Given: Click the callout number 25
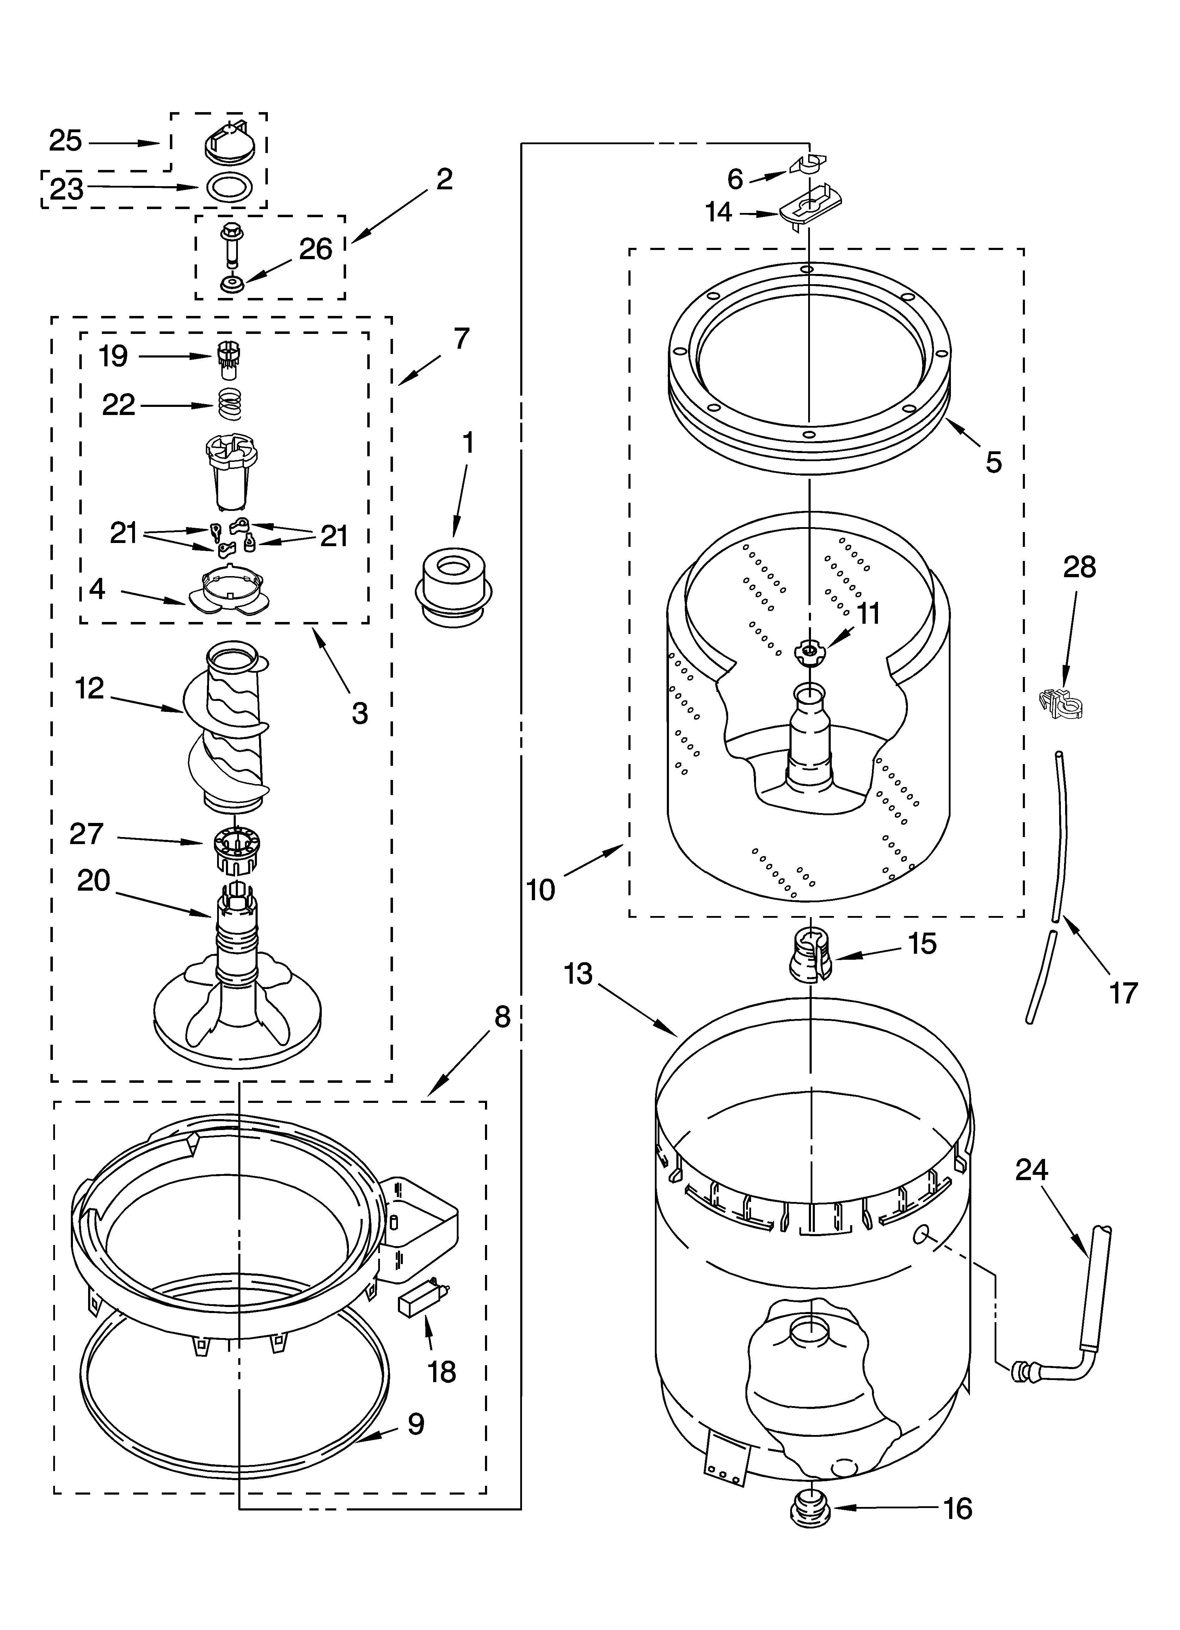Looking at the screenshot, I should click(x=66, y=141).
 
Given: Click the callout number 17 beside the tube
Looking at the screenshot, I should click(x=1123, y=993).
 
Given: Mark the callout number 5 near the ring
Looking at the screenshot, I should click(x=993, y=463).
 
